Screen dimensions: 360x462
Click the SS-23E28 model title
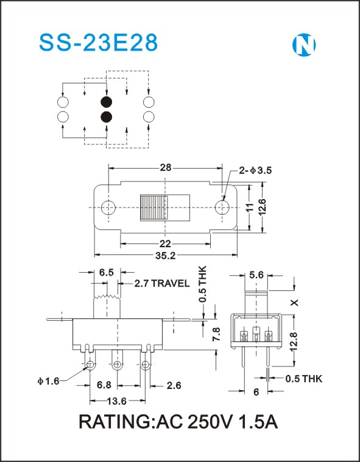coord(99,43)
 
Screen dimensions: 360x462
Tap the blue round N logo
coord(304,45)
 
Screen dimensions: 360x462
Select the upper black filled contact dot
coord(107,102)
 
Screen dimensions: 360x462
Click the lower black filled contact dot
coord(107,117)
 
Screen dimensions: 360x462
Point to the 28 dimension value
coord(166,167)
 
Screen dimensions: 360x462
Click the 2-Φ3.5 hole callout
coord(255,170)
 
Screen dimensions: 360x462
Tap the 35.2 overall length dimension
coord(166,256)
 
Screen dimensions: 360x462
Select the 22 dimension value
coord(166,243)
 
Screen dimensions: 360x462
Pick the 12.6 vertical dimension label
coord(262,206)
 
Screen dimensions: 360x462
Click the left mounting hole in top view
coord(108,208)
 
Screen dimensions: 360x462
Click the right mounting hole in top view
coord(222,208)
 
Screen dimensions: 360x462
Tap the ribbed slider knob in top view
coord(154,208)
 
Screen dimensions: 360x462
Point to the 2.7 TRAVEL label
coord(162,284)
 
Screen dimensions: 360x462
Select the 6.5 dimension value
coord(106,273)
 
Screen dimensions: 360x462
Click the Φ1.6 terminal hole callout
coord(48,381)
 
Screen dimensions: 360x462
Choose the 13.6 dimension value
coord(117,401)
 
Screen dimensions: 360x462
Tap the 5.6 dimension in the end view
coord(256,275)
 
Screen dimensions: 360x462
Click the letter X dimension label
coord(295,303)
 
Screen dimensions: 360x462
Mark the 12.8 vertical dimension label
coord(294,341)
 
